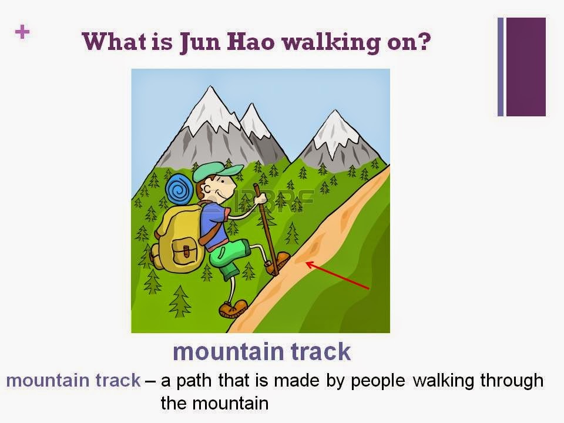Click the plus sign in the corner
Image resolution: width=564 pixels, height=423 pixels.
pos(22,33)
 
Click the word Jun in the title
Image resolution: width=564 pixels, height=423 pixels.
pos(197,43)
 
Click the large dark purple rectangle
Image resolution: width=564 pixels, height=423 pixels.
pos(526,66)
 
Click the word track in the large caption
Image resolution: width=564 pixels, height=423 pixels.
pos(317,351)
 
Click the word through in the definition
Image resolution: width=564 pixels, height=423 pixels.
pos(512,381)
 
